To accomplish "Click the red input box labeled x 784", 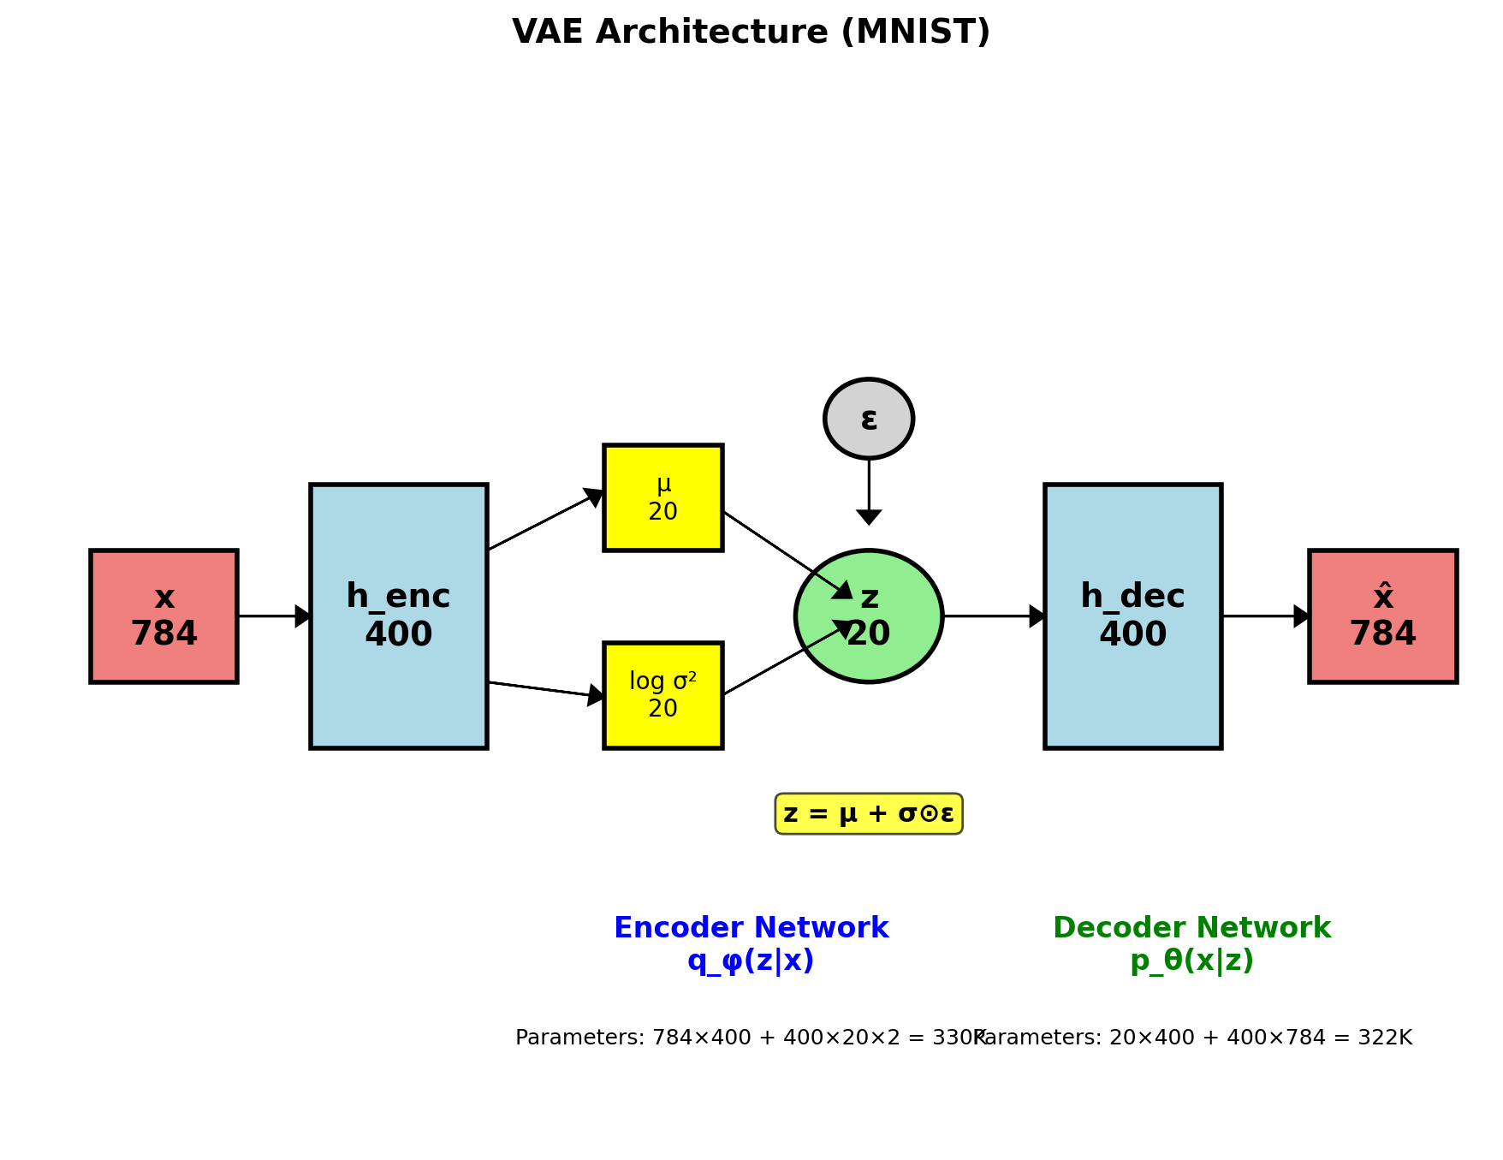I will pyautogui.click(x=163, y=616).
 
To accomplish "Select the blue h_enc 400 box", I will pyautogui.click(x=399, y=616).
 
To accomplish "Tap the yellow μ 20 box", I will pyautogui.click(x=663, y=497).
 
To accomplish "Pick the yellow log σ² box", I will pyautogui.click(x=663, y=694).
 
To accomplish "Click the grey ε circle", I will pyautogui.click(x=869, y=419).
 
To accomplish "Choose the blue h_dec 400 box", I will pyautogui.click(x=1132, y=616).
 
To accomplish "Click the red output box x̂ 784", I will pyautogui.click(x=1382, y=616).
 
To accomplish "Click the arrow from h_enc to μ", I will pyautogui.click(x=545, y=521).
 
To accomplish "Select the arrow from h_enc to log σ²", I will pyautogui.click(x=545, y=689).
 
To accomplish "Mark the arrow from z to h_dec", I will pyautogui.click(x=993, y=616).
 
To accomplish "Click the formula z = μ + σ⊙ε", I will pyautogui.click(x=869, y=813).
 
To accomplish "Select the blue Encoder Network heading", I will pyautogui.click(x=751, y=928).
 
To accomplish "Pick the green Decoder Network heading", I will pyautogui.click(x=1191, y=928).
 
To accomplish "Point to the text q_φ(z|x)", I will pyautogui.click(x=751, y=961).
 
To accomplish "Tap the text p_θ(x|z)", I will pyautogui.click(x=1191, y=961).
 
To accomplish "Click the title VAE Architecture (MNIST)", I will pyautogui.click(x=751, y=33).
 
